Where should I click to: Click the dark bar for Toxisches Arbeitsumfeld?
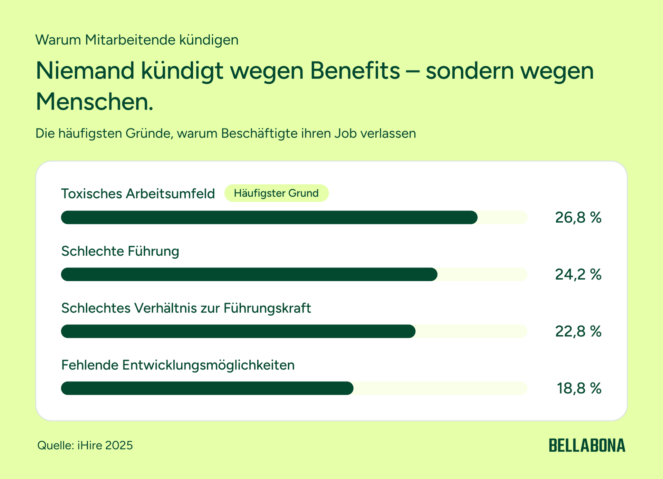pos(269,217)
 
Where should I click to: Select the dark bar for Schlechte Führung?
pos(249,274)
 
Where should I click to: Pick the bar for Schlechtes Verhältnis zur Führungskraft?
pos(238,331)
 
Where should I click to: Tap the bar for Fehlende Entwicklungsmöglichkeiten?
pos(207,388)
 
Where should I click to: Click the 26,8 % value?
pos(578,218)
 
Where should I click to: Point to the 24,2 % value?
pos(578,274)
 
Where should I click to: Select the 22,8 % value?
pos(578,331)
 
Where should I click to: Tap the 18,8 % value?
pos(579,388)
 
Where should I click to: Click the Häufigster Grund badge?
pos(277,193)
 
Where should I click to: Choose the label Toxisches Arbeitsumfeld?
pos(138,194)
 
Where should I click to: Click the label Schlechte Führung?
pos(120,251)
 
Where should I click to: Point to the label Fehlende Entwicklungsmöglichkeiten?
pos(178,365)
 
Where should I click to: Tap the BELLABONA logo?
pos(587,445)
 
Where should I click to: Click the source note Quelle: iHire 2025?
pos(85,445)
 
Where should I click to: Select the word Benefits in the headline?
pos(355,71)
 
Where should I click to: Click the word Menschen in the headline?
pos(94,102)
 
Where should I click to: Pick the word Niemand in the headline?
pos(85,71)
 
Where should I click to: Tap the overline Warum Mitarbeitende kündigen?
pos(137,40)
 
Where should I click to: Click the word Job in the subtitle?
pos(345,133)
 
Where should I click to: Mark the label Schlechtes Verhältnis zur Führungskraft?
pos(186,308)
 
